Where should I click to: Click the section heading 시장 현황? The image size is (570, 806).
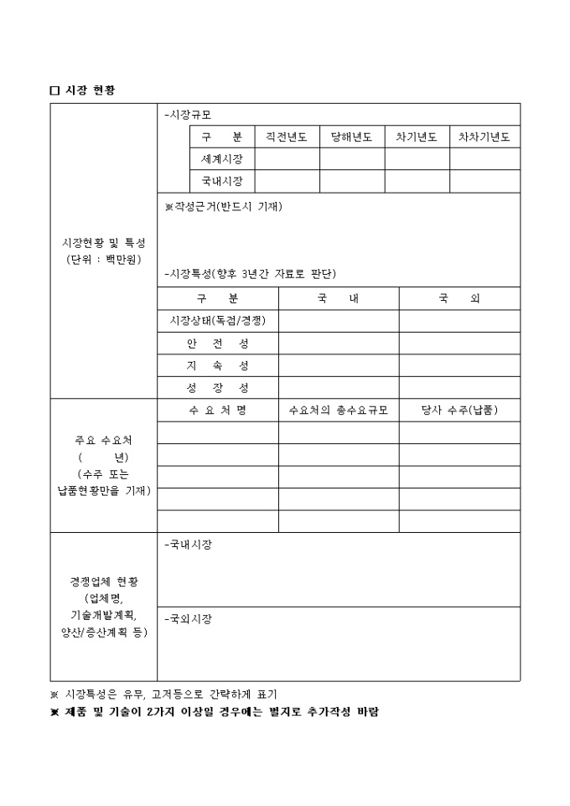point(88,90)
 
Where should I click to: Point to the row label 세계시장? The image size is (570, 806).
point(222,159)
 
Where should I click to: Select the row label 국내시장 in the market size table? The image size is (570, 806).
point(222,181)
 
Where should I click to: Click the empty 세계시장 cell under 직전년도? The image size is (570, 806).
point(287,159)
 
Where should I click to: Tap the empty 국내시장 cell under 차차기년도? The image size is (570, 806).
point(484,181)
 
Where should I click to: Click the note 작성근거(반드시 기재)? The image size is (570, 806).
point(224,207)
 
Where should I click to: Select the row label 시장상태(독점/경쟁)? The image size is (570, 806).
point(217,321)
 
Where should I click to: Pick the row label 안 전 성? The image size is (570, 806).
point(217,344)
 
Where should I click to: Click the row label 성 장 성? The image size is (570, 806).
point(217,388)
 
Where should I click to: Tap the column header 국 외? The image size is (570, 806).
point(459,298)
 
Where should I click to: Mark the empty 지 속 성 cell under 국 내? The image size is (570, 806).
point(338,366)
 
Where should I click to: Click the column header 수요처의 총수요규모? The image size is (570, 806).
point(338,411)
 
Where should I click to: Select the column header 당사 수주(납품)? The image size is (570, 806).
point(459,411)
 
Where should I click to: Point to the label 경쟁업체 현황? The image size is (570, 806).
point(104,581)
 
